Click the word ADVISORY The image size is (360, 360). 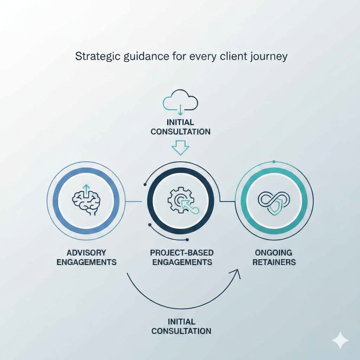[x=86, y=253]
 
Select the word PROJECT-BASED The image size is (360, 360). [x=182, y=253]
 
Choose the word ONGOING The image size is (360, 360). [x=274, y=253]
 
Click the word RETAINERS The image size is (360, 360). [x=274, y=262]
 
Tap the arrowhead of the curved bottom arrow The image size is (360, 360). [x=237, y=273]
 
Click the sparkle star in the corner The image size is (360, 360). [x=340, y=340]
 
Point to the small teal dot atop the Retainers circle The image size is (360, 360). [x=274, y=162]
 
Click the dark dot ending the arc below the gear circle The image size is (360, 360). [x=187, y=240]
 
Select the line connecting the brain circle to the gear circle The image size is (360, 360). [x=134, y=201]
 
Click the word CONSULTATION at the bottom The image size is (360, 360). [x=181, y=331]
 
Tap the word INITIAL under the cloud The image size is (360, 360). [x=180, y=122]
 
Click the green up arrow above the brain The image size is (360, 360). [x=86, y=191]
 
